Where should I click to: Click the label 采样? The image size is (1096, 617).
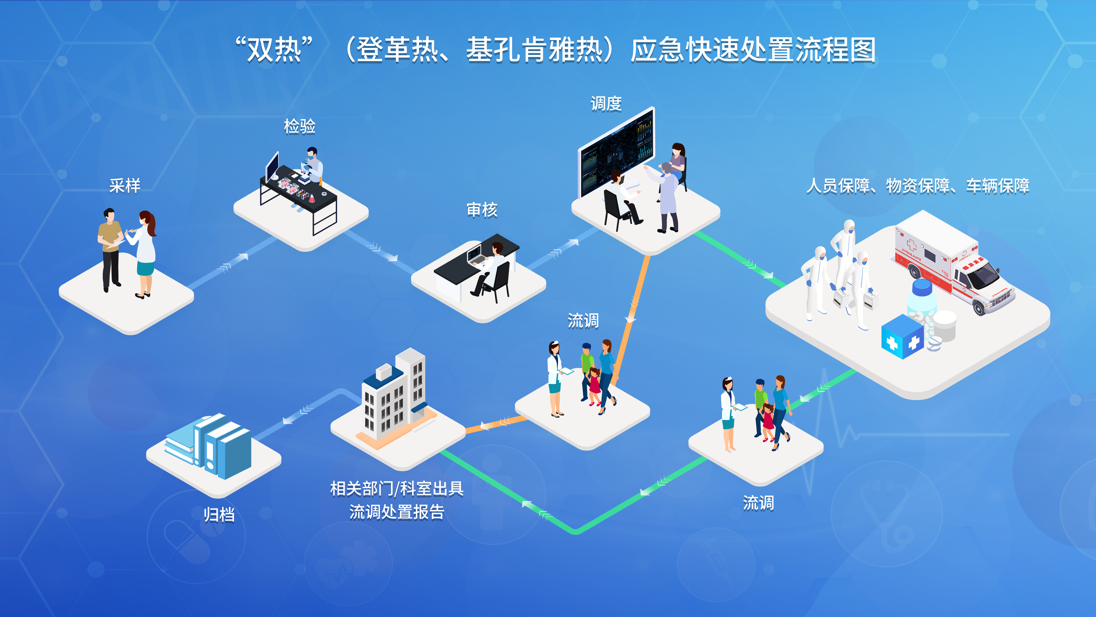coord(125,186)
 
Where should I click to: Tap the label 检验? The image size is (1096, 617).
coord(299,127)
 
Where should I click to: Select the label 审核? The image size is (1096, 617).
coord(481,210)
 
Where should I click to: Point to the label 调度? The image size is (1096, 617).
coord(606,103)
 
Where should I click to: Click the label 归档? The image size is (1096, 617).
coord(219,515)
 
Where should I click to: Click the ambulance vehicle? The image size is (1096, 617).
coord(953,268)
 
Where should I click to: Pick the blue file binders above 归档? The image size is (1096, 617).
coord(213,445)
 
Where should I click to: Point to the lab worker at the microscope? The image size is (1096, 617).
coord(313,166)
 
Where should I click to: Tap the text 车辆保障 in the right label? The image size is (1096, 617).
coord(998,186)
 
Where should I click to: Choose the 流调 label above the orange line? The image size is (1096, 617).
coord(583,320)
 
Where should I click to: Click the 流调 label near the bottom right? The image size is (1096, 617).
coord(758,503)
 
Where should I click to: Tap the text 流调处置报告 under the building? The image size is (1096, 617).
coord(396,512)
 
